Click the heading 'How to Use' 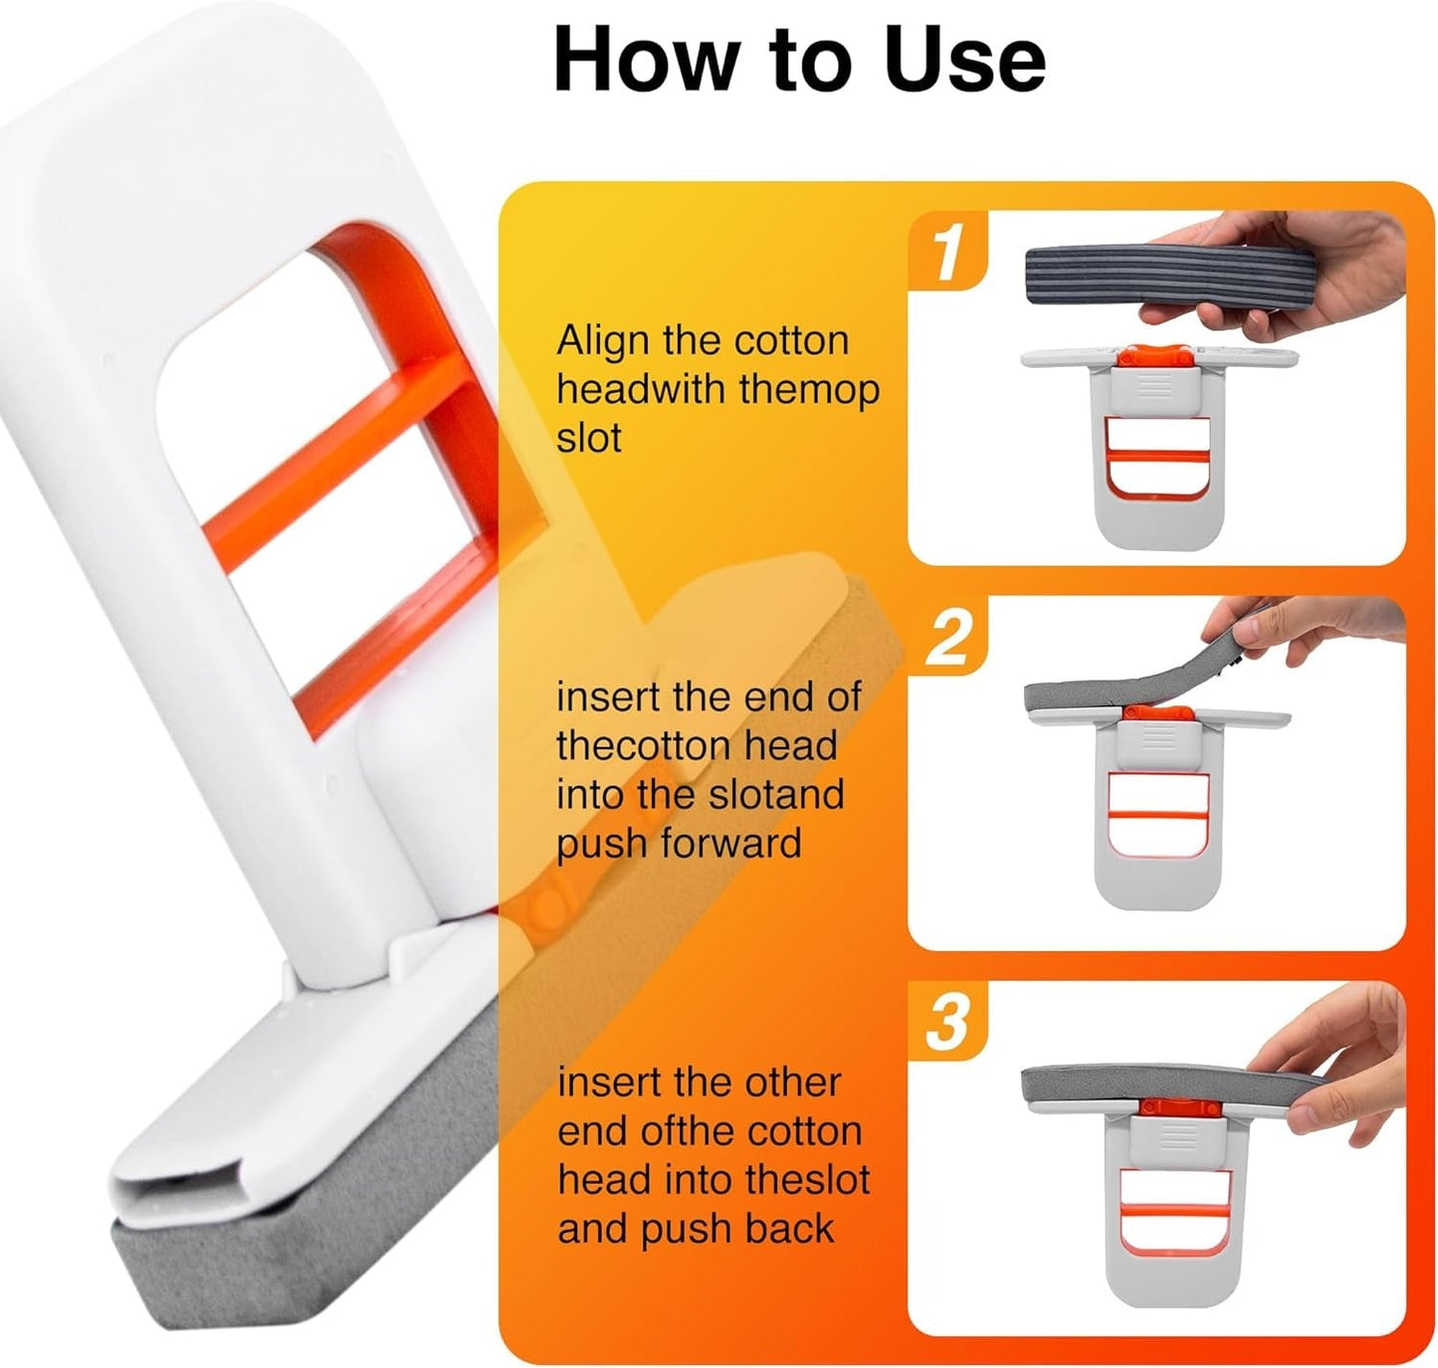tap(799, 61)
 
